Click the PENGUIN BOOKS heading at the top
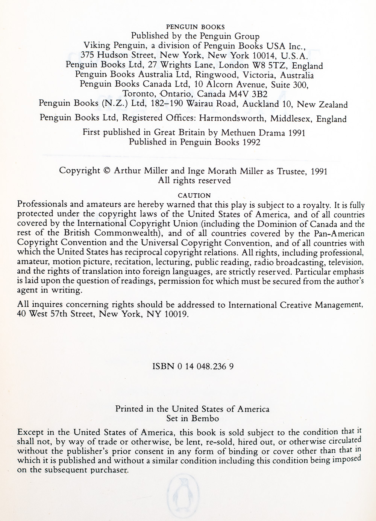coord(195,27)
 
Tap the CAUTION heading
coord(194,196)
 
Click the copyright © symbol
coord(107,171)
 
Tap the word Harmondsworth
coord(230,118)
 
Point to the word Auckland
coord(259,104)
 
